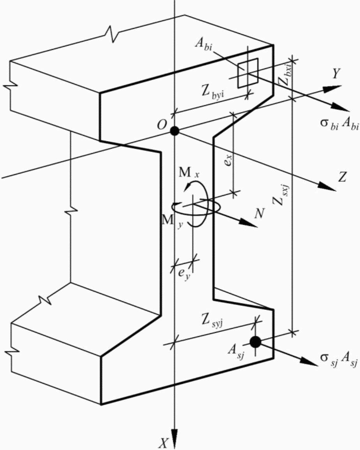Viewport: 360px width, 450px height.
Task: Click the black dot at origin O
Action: coord(174,131)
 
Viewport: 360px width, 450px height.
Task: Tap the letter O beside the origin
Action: coord(162,124)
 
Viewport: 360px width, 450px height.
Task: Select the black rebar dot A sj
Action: coord(255,342)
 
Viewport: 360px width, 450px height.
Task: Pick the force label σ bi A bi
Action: coord(339,125)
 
